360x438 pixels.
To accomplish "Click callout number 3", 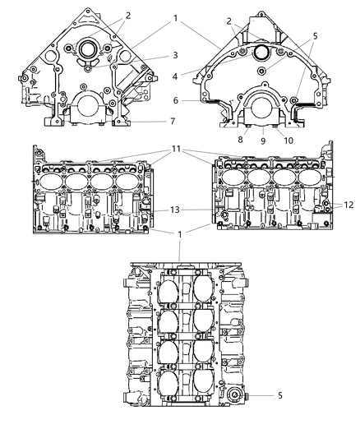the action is [175, 55].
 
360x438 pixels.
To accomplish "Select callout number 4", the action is [175, 76].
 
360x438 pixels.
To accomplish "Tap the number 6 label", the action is [176, 100].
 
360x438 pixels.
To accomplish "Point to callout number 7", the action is [173, 122].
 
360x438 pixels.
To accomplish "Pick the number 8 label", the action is [240, 140].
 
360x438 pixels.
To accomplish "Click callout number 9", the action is [263, 141].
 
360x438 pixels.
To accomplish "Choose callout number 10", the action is [288, 141].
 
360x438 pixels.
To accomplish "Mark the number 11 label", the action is [176, 149].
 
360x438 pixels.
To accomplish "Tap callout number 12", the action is [348, 205].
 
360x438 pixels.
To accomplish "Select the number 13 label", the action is [175, 210].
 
